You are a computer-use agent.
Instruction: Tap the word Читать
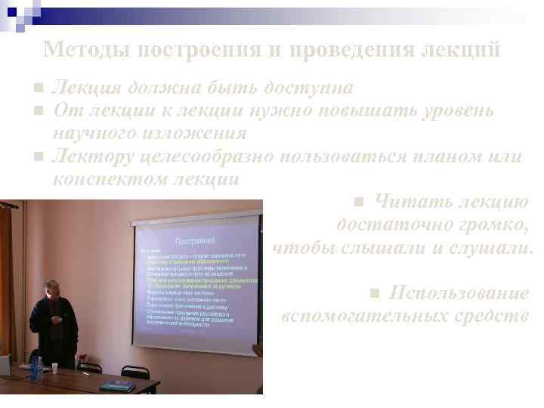[407, 202]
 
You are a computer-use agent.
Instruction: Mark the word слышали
[379, 248]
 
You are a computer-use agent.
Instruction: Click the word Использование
[459, 293]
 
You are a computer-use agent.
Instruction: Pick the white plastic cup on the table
[54, 367]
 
